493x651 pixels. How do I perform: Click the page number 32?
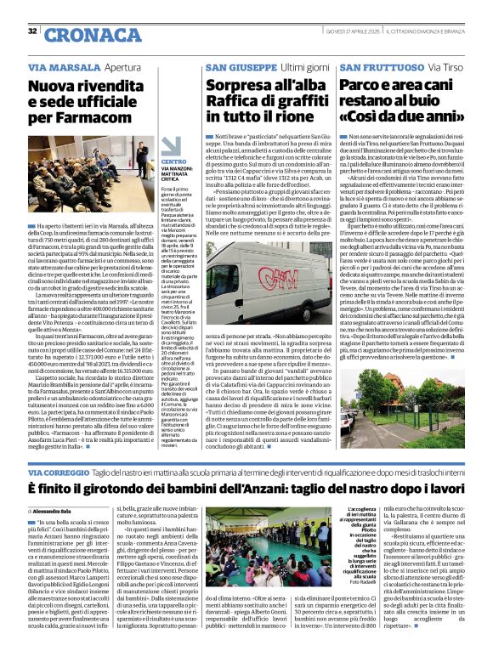click(32, 32)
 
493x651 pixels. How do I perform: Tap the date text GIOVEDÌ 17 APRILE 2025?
click(348, 31)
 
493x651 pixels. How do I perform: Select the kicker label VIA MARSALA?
click(57, 65)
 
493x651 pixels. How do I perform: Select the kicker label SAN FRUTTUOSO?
click(379, 65)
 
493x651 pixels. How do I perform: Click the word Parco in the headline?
click(362, 84)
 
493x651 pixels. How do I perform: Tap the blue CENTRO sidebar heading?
click(173, 161)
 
